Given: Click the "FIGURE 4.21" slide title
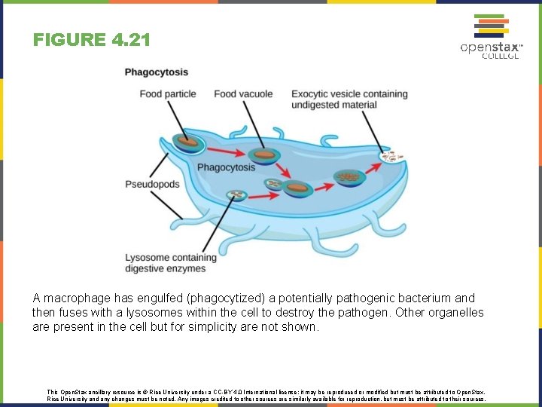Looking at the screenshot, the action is (91, 39).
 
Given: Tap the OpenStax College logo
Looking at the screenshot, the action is (491, 38).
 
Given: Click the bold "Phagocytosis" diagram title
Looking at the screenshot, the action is (157, 72).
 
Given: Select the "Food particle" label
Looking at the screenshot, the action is (168, 94).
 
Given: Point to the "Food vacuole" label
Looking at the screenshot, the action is (243, 94).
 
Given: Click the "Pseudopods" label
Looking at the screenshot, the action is (152, 185).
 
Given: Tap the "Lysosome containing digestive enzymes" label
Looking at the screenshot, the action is (171, 263).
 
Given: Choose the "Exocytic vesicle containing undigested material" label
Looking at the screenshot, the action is (349, 99).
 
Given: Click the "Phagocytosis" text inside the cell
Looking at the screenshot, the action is (226, 167).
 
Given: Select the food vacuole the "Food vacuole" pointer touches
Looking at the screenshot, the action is (265, 156).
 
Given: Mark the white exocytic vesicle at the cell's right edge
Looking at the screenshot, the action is (390, 157).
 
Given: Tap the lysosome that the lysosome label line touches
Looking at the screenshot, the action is (237, 196).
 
